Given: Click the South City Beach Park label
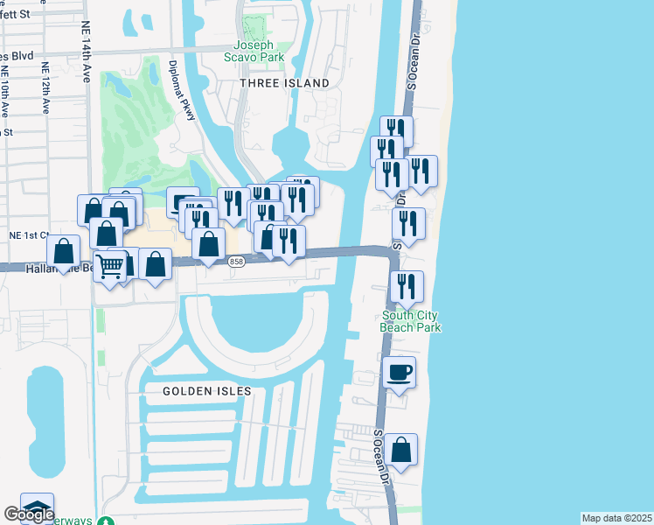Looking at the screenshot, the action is pos(410,321).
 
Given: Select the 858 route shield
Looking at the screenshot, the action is pos(236,262).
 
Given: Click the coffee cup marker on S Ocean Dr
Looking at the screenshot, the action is pos(400,373).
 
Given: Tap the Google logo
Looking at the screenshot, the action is pos(29,514).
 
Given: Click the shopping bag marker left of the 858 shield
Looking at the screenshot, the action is pos(208,244).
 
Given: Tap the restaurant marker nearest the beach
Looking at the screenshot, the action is pos(422,171).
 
